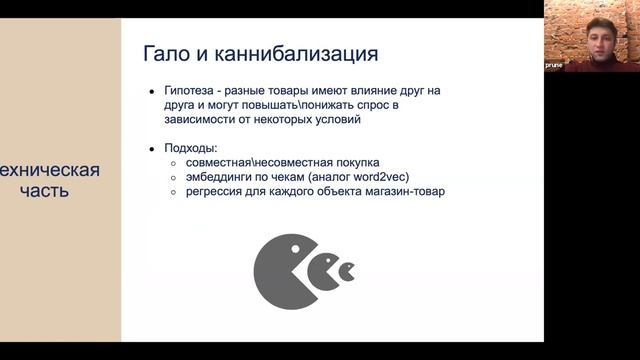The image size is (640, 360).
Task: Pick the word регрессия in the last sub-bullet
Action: pyautogui.click(x=211, y=192)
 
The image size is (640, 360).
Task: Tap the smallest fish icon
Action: pyautogui.click(x=347, y=271)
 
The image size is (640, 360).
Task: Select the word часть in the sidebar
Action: pyautogui.click(x=49, y=190)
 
